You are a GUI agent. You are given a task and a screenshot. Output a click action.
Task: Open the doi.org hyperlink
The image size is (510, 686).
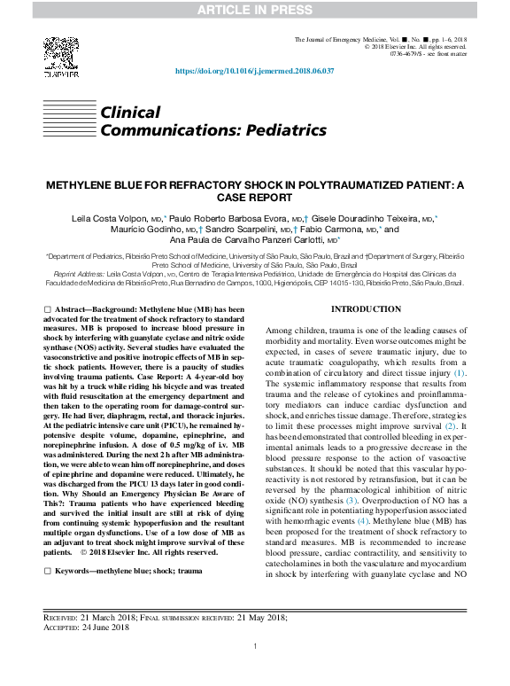pos(255,70)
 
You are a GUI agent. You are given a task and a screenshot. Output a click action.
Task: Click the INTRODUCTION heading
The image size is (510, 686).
pos(366,309)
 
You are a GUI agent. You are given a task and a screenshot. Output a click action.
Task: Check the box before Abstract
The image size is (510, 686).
pos(48,307)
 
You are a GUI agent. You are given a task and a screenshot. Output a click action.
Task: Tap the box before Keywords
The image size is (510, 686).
pos(48,572)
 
